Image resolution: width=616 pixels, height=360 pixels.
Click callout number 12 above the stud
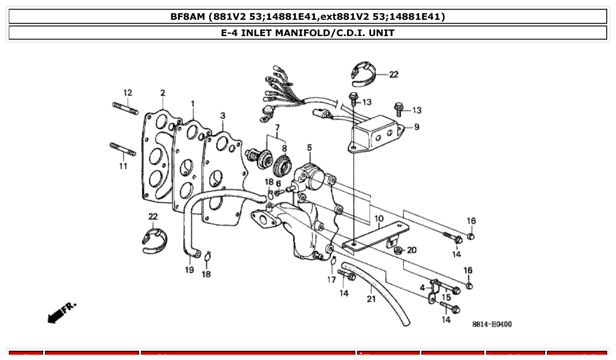point(127,93)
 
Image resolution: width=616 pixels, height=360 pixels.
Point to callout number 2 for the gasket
point(163,93)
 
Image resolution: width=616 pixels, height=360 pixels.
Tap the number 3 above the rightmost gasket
point(223,116)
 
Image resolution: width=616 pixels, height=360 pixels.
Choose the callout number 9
point(416,127)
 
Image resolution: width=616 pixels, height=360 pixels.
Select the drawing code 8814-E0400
point(492,324)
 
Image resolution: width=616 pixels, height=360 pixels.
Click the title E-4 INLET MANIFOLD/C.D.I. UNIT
point(308,33)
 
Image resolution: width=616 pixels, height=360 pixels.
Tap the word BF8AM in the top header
point(188,17)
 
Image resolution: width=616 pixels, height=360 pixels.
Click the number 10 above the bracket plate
point(379,219)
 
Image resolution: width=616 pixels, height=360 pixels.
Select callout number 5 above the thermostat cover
point(309,147)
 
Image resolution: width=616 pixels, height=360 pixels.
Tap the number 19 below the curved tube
point(189,270)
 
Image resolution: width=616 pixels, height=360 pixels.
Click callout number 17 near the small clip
point(332,279)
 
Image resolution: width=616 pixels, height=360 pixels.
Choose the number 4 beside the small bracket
point(422,288)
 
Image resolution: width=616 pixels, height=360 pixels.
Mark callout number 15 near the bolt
point(446,298)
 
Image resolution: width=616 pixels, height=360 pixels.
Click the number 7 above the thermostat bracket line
point(277,128)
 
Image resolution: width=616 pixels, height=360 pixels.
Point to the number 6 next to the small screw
point(278,183)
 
